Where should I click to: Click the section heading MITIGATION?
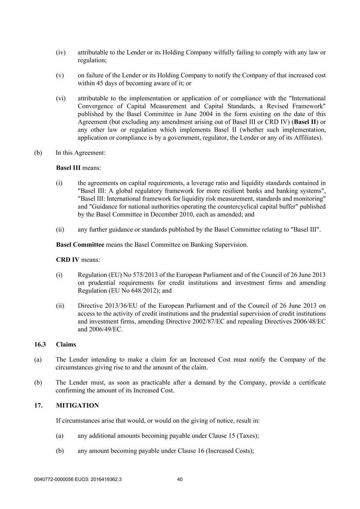[77, 405]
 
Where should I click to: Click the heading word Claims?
[66, 344]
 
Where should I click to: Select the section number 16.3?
[40, 344]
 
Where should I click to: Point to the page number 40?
[180, 480]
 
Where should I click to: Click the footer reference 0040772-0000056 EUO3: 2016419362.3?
[78, 480]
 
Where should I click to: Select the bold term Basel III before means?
[68, 168]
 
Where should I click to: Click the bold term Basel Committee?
[80, 245]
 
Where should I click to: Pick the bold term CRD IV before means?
[68, 260]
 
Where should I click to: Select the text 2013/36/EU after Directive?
[121, 306]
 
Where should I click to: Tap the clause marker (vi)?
[60, 98]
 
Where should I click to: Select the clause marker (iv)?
[60, 52]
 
